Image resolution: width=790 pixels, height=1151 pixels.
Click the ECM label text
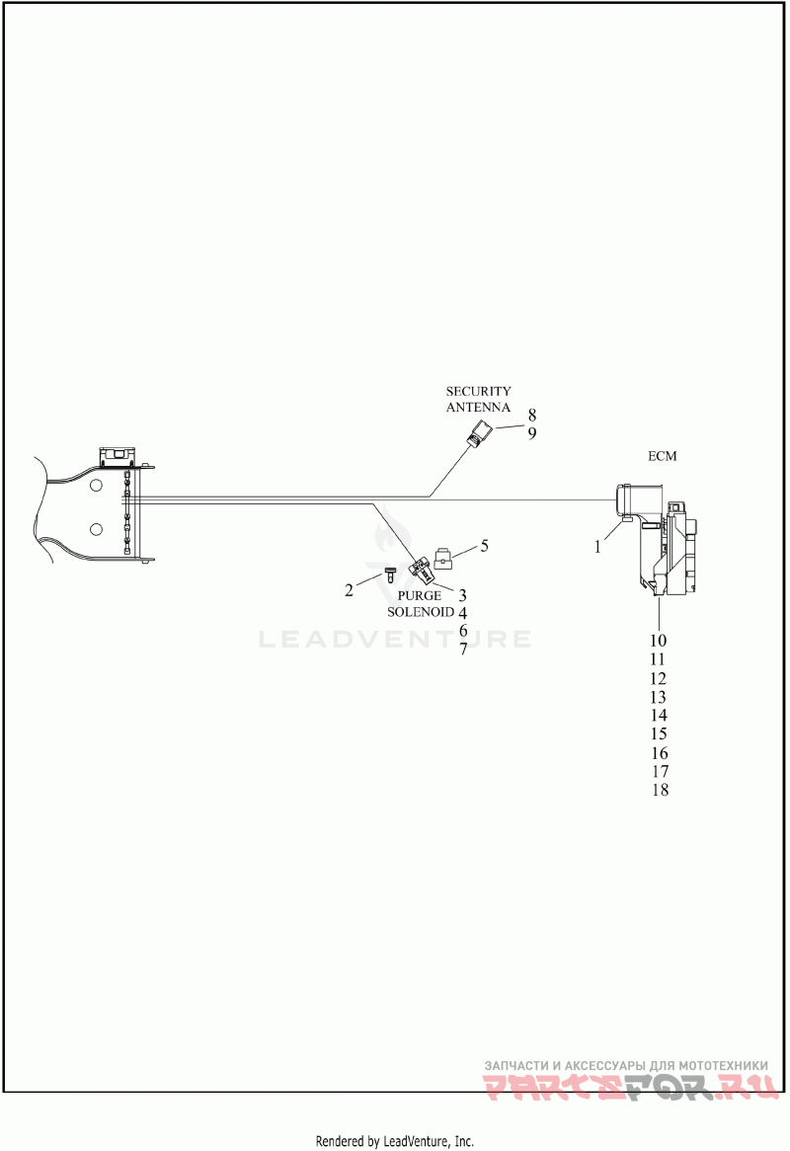tap(662, 456)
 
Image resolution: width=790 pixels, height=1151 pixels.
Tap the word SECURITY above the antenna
tap(478, 392)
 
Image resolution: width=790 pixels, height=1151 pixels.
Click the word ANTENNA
tap(478, 408)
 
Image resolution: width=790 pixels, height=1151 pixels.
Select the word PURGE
tap(420, 595)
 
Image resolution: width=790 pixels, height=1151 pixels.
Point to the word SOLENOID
tap(421, 612)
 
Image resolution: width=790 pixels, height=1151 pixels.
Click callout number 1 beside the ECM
tap(597, 547)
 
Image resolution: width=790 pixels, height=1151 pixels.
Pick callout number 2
tap(349, 589)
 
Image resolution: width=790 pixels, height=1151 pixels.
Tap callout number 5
tap(484, 546)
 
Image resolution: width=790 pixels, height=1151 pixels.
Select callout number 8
tap(532, 415)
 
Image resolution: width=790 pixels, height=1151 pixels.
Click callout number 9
tap(532, 433)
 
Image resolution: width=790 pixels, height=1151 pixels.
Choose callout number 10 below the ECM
tap(658, 641)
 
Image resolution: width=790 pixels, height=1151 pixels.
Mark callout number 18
tap(660, 790)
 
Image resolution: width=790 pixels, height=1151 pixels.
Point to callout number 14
tap(659, 715)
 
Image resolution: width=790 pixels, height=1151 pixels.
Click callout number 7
tap(463, 649)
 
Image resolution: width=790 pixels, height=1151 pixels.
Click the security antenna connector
tap(477, 433)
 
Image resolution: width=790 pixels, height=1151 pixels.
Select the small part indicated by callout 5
tap(443, 560)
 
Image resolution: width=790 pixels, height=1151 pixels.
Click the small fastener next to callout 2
tap(390, 575)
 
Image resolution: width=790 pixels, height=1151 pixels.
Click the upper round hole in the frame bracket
tap(96, 486)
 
